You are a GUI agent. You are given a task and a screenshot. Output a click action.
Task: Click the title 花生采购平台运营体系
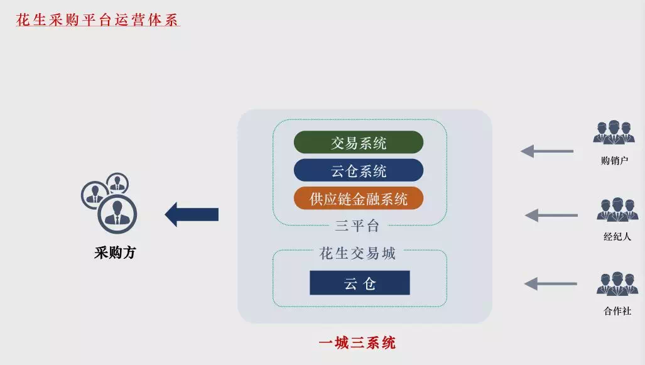pos(97,19)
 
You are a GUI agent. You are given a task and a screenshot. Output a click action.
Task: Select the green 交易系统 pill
pos(358,143)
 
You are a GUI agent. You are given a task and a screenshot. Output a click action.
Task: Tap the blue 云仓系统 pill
pos(358,170)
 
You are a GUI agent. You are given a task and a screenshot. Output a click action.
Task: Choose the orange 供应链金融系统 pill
pos(358,199)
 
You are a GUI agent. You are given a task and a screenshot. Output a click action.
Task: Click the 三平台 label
pos(357,226)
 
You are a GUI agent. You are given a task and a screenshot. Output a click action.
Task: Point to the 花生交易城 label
pos(357,253)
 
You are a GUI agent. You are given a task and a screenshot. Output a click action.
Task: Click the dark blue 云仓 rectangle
pos(359,283)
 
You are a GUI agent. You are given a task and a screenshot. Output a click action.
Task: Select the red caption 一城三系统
pos(357,342)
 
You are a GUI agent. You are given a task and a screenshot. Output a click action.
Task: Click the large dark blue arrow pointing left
pos(192,214)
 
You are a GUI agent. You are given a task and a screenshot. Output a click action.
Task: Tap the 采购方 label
pos(115,253)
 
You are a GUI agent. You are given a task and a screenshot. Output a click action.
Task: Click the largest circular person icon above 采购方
pos(117,214)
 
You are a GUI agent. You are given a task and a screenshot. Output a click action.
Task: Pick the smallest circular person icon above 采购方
pos(117,183)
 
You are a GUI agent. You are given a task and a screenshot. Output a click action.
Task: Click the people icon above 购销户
pos(614,132)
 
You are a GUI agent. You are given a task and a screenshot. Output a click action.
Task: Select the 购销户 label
pos(614,160)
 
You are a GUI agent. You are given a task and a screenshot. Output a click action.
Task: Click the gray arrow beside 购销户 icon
pos(547,151)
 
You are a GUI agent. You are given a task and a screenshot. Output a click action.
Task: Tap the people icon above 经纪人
pos(617,209)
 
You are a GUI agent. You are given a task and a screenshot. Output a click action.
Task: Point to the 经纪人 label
pos(617,236)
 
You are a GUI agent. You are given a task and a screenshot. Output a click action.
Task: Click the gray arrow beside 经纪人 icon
pos(551,215)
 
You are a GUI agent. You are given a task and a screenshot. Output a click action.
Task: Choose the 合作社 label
pos(617,311)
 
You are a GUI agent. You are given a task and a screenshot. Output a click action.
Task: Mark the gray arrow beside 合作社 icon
pos(550,283)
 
